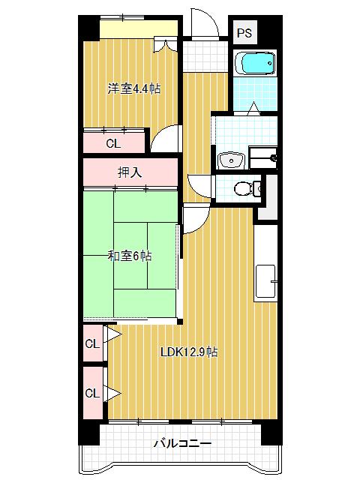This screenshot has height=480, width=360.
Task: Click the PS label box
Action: pyautogui.click(x=244, y=33)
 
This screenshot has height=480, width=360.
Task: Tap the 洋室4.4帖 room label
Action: pyautogui.click(x=133, y=88)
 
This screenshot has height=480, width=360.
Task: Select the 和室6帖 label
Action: pyautogui.click(x=130, y=256)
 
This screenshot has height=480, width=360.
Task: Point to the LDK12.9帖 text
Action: pyautogui.click(x=188, y=352)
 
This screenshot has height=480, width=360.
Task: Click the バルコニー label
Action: pyautogui.click(x=183, y=443)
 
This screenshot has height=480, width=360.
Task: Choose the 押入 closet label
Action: pyautogui.click(x=130, y=172)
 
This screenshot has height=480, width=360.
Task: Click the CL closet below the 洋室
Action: pyautogui.click(x=112, y=142)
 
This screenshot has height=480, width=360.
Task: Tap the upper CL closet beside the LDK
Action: pyautogui.click(x=92, y=344)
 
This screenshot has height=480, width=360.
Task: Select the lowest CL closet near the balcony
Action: pyautogui.click(x=92, y=393)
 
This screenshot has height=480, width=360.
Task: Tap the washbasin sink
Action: pyautogui.click(x=230, y=159)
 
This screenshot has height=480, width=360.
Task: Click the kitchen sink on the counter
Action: pyautogui.click(x=268, y=279)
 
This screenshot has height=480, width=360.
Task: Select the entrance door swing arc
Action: pyautogui.click(x=204, y=22)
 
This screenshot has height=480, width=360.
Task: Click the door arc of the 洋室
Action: pyautogui.click(x=166, y=137)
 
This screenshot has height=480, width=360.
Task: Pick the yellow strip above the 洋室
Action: pyautogui.click(x=139, y=28)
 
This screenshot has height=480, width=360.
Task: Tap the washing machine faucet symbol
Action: pyautogui.click(x=273, y=158)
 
